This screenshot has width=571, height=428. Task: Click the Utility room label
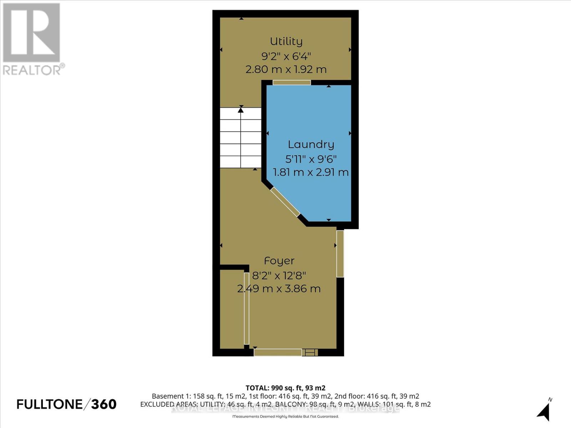click(286, 41)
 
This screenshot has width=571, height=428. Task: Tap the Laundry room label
click(311, 144)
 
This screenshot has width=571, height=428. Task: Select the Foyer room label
click(279, 261)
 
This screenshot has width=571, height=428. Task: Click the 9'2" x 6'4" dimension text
click(286, 56)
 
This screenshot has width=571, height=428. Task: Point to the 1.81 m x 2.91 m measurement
click(310, 173)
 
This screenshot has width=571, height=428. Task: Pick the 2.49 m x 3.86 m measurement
click(279, 289)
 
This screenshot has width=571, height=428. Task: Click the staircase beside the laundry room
click(241, 138)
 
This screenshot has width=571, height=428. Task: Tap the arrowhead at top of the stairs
click(241, 110)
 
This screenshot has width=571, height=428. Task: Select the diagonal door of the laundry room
click(285, 202)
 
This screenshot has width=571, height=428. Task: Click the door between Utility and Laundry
click(292, 82)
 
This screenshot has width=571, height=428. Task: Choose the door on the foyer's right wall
click(340, 254)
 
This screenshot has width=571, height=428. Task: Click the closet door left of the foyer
click(246, 309)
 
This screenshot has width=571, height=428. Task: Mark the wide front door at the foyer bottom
click(278, 352)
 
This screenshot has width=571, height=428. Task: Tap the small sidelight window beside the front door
click(310, 352)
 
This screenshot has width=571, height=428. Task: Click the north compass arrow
click(544, 412)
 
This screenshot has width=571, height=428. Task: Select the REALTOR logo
click(32, 39)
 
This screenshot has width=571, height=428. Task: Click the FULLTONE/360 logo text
click(67, 404)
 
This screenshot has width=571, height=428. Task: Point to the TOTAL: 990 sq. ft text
click(285, 388)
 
